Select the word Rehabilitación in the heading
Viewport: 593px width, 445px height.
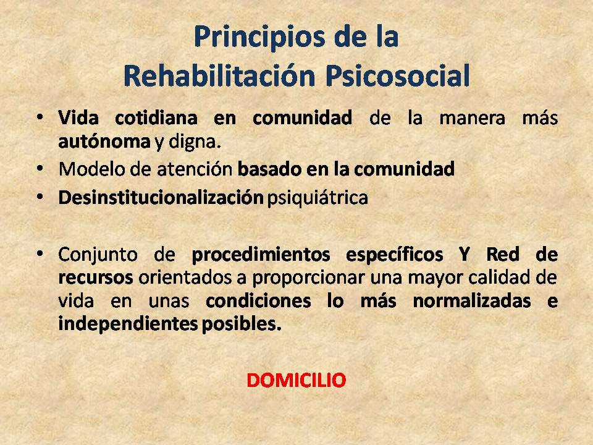pos(219,76)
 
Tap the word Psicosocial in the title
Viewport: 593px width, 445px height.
pos(397,76)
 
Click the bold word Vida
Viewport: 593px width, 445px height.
pos(78,117)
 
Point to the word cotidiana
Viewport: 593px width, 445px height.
pos(156,117)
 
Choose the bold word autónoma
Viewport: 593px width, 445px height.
pos(104,142)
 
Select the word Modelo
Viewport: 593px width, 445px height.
pos(92,169)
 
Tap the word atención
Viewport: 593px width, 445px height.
pos(195,169)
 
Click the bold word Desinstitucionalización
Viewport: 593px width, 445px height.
pos(161,197)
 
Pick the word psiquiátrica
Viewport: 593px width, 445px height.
pos(318,198)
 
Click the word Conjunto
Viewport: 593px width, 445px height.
pos(98,254)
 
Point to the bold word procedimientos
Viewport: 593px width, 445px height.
pos(261,254)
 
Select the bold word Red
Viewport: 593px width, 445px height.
pos(503,254)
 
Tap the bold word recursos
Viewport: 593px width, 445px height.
pos(96,278)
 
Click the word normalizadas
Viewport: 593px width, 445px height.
pos(471,301)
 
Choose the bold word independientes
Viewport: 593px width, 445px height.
pos(128,324)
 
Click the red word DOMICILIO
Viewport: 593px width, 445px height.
pos(296,380)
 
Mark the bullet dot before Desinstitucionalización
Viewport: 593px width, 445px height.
pos(40,197)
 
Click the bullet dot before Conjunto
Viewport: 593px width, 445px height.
pos(40,253)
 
